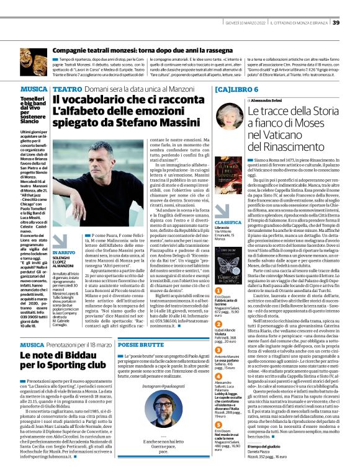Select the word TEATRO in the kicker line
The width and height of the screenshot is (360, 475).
(66, 89)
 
